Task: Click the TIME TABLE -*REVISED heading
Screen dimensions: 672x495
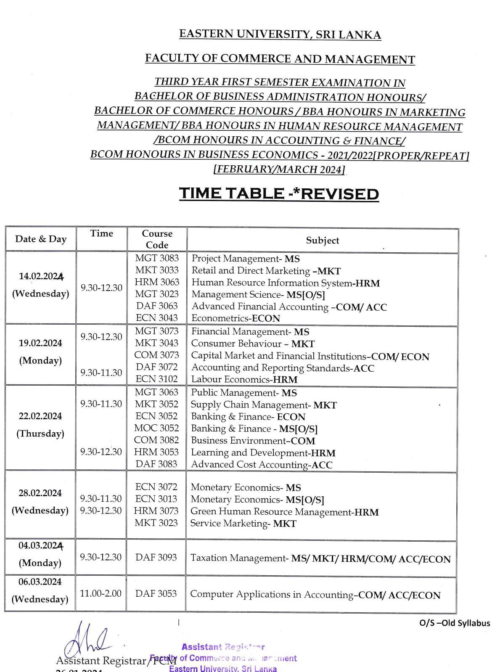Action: [279, 193]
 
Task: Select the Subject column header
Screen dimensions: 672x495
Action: [322, 241]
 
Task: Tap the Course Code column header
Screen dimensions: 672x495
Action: [157, 239]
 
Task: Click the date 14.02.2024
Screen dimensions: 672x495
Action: [41, 276]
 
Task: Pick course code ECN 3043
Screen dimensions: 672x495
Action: [157, 318]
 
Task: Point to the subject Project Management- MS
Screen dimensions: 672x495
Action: [246, 259]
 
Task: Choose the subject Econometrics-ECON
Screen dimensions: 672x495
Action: [236, 318]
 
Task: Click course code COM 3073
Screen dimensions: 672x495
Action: [156, 355]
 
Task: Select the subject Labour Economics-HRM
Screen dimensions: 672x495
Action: [244, 379]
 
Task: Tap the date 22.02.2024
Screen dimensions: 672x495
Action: [40, 416]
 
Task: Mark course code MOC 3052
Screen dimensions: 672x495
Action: [156, 428]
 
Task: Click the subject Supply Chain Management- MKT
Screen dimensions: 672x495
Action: [264, 405]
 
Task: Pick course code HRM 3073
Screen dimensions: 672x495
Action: [156, 511]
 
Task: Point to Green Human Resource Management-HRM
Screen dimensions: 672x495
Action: [284, 512]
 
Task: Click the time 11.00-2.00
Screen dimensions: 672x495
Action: [101, 593]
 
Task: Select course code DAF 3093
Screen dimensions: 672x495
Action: [156, 557]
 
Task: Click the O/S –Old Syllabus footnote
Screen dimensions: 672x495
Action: [454, 623]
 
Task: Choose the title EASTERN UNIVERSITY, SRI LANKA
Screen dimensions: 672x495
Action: [280, 34]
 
